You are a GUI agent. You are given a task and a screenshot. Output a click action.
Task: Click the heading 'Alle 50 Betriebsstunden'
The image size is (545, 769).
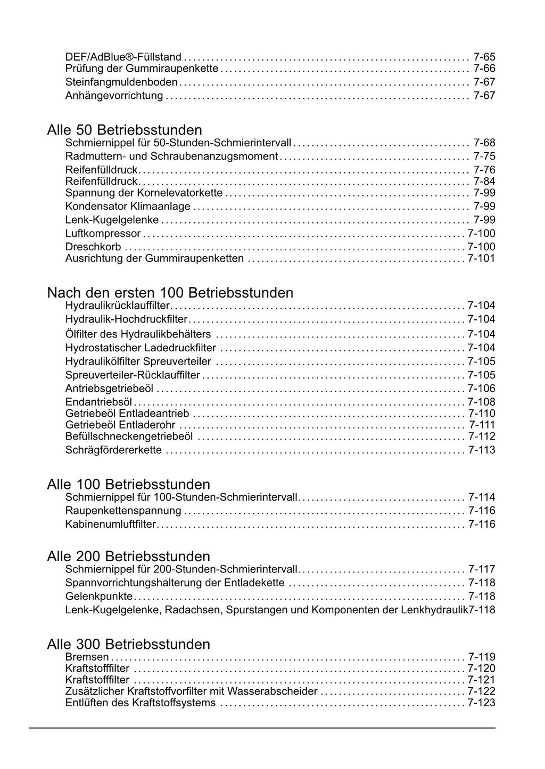125,130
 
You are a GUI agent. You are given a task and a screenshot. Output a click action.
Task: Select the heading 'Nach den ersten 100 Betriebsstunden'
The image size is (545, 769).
170,293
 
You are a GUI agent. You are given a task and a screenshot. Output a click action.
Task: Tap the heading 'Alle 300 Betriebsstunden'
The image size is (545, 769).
128,644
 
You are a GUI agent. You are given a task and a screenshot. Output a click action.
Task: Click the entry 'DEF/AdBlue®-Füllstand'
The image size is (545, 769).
123,57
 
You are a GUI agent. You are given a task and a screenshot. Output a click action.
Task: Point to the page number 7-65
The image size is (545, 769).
484,57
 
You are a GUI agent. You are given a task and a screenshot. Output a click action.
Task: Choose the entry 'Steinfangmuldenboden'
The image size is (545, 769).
121,82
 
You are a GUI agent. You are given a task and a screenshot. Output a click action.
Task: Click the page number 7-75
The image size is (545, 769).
484,156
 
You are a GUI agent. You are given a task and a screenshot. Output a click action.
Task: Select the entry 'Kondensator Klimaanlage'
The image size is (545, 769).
128,207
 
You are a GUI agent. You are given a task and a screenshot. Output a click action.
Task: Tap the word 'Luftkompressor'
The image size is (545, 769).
103,233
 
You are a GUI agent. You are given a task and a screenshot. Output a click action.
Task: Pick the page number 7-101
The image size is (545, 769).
481,258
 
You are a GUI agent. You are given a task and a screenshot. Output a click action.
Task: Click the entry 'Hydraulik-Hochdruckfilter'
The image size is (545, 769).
127,319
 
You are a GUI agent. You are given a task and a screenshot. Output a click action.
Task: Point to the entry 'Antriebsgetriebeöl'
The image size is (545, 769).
110,388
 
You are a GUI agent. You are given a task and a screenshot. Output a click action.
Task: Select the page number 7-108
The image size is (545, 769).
481,402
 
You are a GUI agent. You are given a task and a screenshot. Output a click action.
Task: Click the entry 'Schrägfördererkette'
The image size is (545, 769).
113,450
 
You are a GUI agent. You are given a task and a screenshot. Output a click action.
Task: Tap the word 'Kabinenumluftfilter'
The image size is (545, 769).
111,524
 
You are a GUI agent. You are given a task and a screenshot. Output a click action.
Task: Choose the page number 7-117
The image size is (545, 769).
482,569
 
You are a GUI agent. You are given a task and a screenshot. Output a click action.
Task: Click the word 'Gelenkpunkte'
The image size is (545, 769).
99,596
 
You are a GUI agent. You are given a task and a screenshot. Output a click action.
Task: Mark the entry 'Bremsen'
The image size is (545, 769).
87,657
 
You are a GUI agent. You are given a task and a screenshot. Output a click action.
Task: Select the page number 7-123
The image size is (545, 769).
481,703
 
